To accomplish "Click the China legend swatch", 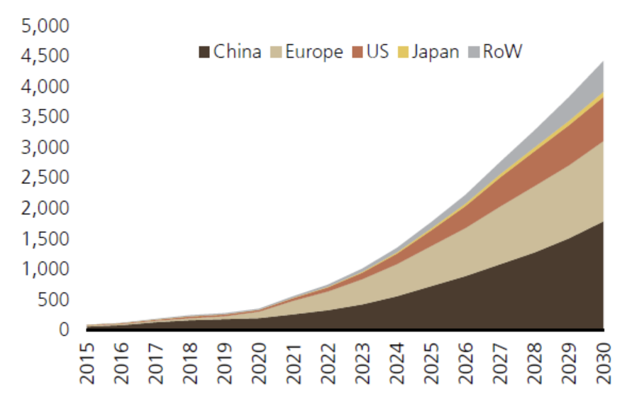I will click(x=204, y=52).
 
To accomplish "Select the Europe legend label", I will click(x=314, y=52).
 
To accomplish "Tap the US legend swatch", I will click(x=357, y=52).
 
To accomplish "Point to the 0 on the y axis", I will click(x=64, y=330).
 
